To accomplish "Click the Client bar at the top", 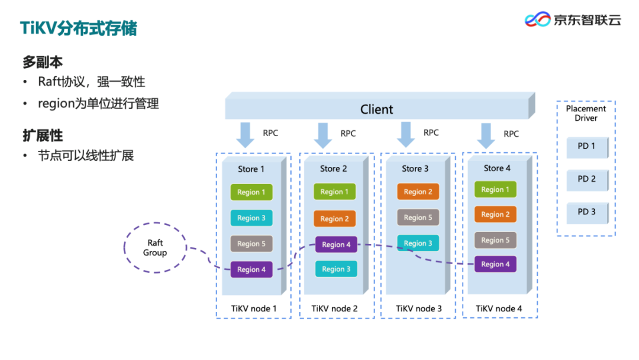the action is coord(380,106).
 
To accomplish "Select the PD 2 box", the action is coord(588,179).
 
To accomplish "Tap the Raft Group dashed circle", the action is coord(155,247).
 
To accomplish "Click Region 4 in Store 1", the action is coord(251,269).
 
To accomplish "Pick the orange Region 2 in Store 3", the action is coord(418,192).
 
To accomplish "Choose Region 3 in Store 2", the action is coord(336,269).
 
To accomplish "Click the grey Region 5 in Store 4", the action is coord(495,240).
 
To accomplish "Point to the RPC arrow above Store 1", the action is coord(246,135).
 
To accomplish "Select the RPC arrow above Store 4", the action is coord(486,136).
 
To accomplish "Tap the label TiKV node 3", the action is coord(418,308).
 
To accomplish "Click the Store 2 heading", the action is coord(333,168).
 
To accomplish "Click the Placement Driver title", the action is coord(586,113).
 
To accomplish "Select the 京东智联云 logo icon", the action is coord(537,19).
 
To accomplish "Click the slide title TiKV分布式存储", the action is coord(79,28).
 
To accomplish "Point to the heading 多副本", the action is coord(43,62).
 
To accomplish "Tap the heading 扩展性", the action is coord(43,136).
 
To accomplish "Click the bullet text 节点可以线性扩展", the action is coord(86,156).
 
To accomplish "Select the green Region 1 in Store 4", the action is coord(495,189).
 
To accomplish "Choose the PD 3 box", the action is coord(588,213).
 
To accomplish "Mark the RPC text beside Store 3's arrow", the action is coord(431,133).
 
